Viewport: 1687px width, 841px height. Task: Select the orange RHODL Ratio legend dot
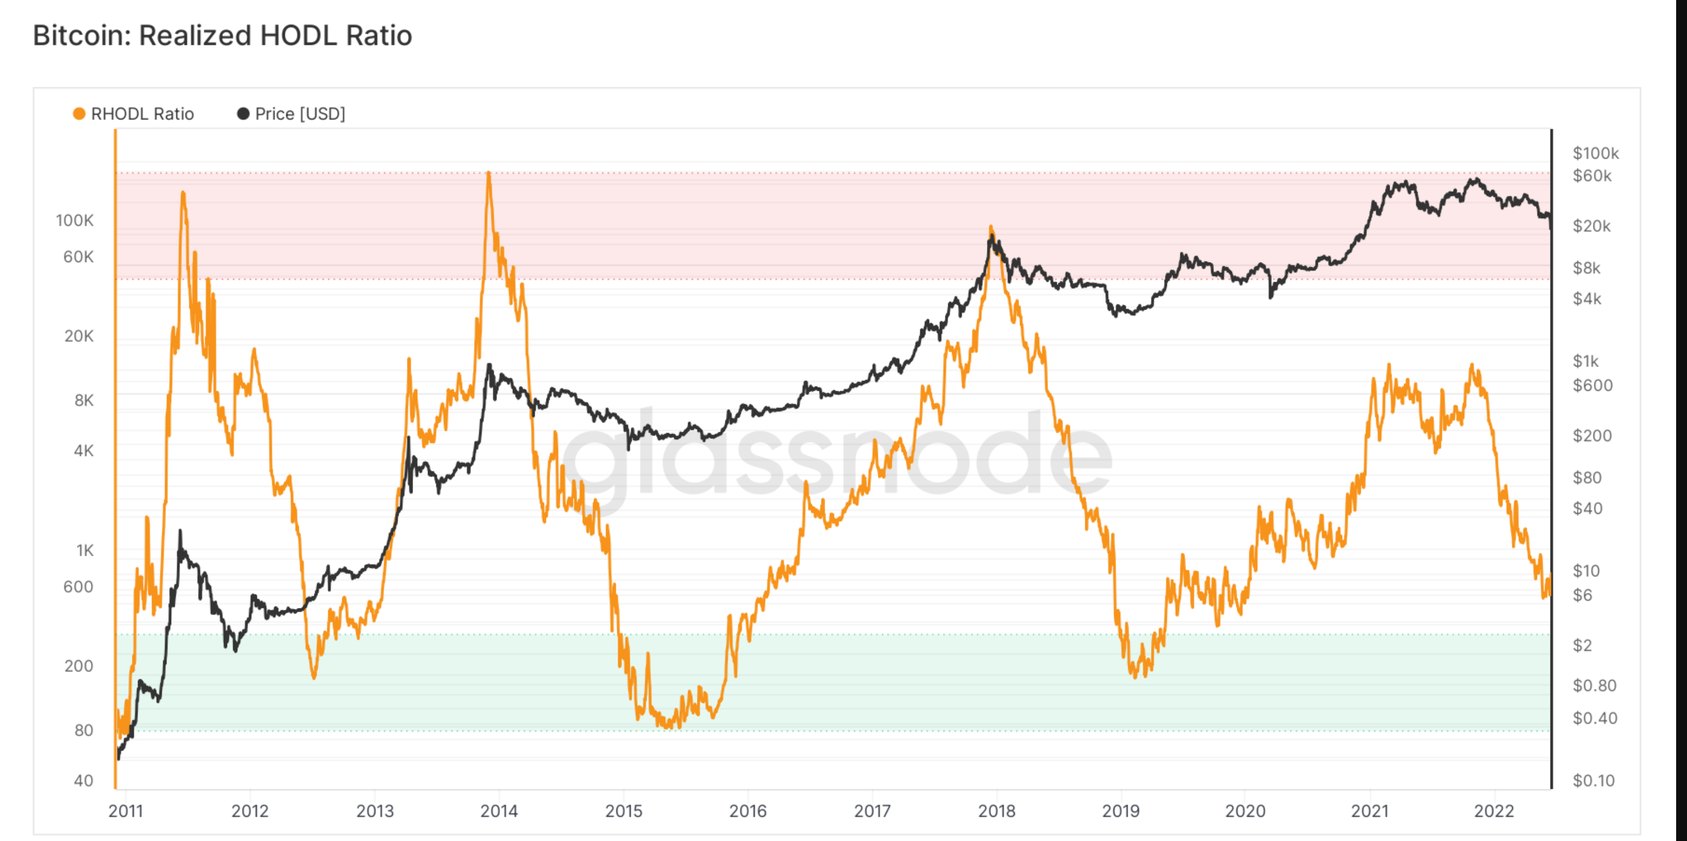click(79, 114)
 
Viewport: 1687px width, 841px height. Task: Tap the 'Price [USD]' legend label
click(300, 114)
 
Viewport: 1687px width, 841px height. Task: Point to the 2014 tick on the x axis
click(499, 811)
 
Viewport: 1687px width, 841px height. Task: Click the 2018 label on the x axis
click(997, 811)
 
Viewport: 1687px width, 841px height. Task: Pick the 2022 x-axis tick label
click(1494, 811)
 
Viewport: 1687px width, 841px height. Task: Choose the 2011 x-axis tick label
click(126, 811)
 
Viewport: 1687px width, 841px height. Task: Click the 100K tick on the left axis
click(74, 221)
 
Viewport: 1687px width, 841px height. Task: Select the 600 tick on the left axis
click(78, 587)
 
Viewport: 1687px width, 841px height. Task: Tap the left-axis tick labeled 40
click(83, 781)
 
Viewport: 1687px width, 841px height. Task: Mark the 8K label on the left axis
click(84, 400)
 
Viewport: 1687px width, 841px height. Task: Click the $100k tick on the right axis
click(1595, 154)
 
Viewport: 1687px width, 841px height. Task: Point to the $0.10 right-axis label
click(1593, 781)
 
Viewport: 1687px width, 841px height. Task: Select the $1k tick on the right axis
click(1586, 361)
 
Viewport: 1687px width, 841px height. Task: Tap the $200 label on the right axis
click(1592, 436)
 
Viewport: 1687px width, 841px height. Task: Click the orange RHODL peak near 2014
click(489, 174)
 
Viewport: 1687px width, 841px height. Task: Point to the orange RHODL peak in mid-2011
click(183, 193)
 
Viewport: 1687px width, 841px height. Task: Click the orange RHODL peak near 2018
click(991, 227)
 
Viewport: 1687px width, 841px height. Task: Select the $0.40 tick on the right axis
click(1594, 718)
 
